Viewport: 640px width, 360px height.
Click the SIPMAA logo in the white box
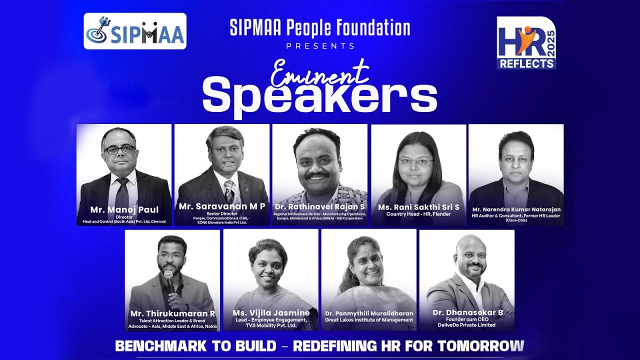pos(135,31)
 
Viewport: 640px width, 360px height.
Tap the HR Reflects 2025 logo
pos(526,43)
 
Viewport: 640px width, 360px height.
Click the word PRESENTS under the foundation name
pos(320,46)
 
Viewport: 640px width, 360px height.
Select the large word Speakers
pos(320,97)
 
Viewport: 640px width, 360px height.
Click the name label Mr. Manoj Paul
pos(124,209)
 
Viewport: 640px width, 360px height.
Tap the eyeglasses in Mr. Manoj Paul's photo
pos(119,149)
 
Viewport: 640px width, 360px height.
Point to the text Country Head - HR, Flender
pos(418,214)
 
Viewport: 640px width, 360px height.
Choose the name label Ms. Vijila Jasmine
pos(271,312)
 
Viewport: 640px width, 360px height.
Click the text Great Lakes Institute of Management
pos(369,319)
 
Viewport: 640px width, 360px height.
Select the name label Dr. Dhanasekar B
pos(467,312)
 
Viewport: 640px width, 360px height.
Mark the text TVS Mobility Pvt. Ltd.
pos(271,325)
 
